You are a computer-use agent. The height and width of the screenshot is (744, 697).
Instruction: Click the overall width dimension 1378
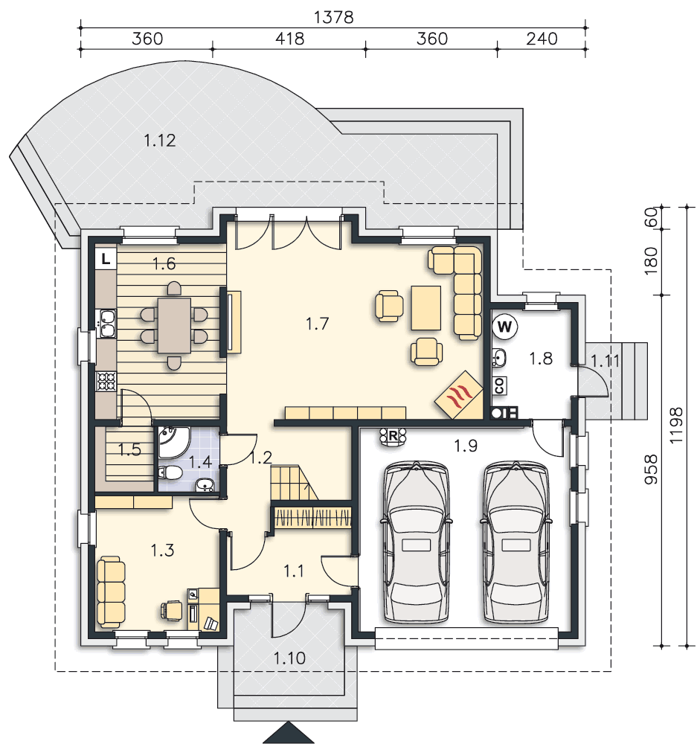[x=333, y=17]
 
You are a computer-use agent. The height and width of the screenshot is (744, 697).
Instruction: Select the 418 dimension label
[x=289, y=39]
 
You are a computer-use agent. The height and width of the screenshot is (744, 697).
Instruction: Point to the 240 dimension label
[x=542, y=39]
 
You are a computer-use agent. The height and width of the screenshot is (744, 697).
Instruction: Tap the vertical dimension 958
[x=651, y=469]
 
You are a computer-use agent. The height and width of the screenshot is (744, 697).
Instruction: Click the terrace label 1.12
[x=159, y=141]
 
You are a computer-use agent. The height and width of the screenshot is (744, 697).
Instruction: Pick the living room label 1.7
[x=317, y=324]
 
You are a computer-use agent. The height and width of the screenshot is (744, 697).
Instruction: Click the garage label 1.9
[x=466, y=446]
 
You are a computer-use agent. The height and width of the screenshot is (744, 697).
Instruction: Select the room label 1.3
[x=162, y=551]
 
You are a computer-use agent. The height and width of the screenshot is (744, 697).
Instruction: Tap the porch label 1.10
[x=289, y=658]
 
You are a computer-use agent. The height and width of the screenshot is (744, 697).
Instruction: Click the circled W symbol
[x=504, y=327]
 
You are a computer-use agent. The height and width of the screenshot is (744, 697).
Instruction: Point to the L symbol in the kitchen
[x=106, y=259]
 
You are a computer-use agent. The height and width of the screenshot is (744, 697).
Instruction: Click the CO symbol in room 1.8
[x=500, y=385]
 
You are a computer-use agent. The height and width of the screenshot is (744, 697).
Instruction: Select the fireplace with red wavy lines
[x=458, y=394]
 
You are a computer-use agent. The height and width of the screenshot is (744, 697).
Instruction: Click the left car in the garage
[x=416, y=542]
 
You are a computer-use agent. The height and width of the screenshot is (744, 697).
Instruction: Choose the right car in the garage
[x=515, y=542]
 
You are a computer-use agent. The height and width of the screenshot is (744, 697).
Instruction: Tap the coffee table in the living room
[x=425, y=307]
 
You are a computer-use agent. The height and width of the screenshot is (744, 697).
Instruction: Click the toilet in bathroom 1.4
[x=170, y=472]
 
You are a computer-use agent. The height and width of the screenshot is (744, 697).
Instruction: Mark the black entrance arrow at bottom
[x=288, y=733]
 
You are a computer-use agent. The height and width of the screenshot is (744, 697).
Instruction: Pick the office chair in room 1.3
[x=172, y=611]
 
